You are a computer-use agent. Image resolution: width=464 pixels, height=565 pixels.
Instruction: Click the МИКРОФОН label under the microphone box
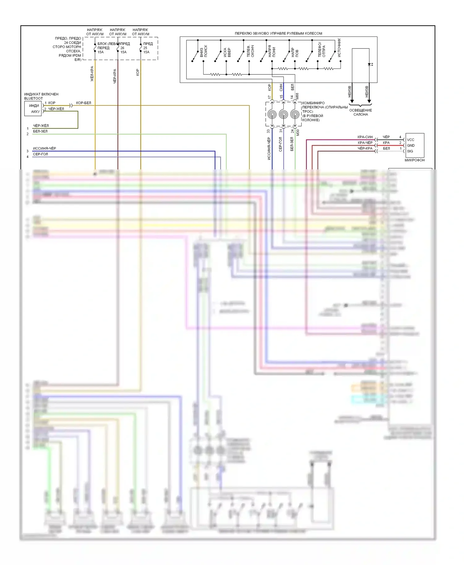tap(414, 160)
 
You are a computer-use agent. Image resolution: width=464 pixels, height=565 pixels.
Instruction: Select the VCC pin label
tap(410, 140)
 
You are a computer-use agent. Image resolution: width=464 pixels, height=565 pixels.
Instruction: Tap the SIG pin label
tap(410, 151)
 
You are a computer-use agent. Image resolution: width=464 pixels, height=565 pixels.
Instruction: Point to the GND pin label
tap(410, 145)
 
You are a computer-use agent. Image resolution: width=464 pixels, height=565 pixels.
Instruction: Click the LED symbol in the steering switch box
tap(370, 65)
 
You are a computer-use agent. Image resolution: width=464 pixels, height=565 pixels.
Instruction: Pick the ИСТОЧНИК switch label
tap(339, 47)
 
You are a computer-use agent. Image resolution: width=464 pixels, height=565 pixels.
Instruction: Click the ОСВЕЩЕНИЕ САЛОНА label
tap(360, 112)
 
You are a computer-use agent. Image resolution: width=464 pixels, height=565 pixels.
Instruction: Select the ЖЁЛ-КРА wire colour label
tap(92, 74)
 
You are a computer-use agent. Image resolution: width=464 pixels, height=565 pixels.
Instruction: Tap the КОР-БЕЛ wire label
tap(84, 103)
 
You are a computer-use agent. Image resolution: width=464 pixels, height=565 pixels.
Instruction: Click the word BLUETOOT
tap(33, 98)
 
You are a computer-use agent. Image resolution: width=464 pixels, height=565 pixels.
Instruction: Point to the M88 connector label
tap(297, 96)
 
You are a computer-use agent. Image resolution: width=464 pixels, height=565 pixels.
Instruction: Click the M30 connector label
tap(298, 132)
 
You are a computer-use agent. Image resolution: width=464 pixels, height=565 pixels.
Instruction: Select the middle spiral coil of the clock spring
tap(283, 114)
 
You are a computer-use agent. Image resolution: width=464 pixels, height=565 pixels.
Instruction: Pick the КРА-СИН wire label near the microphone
tap(365, 137)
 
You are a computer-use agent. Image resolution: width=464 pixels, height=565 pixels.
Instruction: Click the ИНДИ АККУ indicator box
tap(33, 109)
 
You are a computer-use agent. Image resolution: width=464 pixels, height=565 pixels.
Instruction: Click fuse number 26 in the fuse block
tap(122, 48)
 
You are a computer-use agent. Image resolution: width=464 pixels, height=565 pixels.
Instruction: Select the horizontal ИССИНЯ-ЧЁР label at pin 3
tap(45, 148)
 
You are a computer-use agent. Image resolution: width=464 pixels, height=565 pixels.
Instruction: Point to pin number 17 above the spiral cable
tap(269, 97)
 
